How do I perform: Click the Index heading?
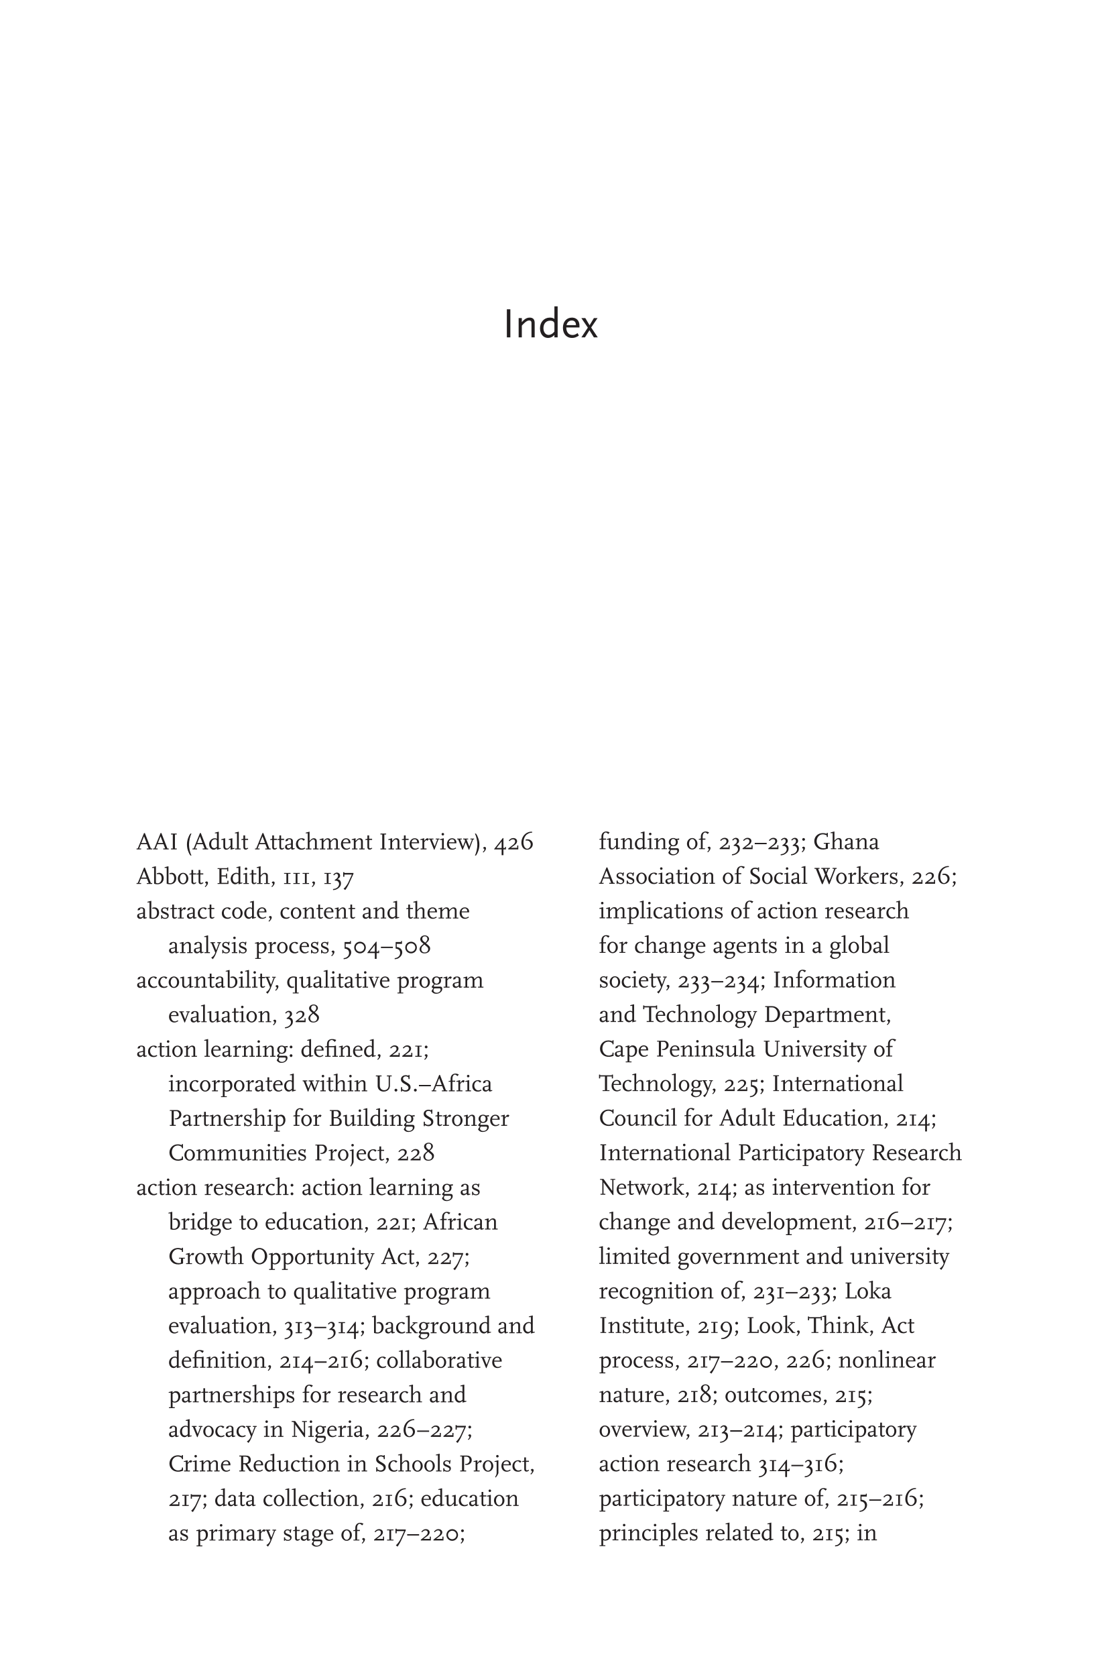tap(550, 325)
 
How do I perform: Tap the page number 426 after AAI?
tap(513, 842)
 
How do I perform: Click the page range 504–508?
tap(386, 946)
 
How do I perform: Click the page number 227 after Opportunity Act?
tap(445, 1257)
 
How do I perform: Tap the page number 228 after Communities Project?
tap(416, 1153)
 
